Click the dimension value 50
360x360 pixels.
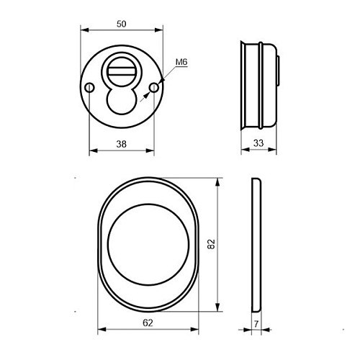click(122, 24)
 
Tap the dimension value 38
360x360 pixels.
click(122, 144)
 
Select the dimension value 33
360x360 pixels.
click(258, 143)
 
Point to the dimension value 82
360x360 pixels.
click(211, 244)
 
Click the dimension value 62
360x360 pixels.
click(148, 323)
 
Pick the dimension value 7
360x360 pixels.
click(256, 324)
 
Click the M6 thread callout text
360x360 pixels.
click(181, 62)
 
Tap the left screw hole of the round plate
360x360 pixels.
click(89, 88)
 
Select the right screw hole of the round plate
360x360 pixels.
click(154, 88)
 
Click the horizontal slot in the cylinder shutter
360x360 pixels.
click(121, 71)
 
